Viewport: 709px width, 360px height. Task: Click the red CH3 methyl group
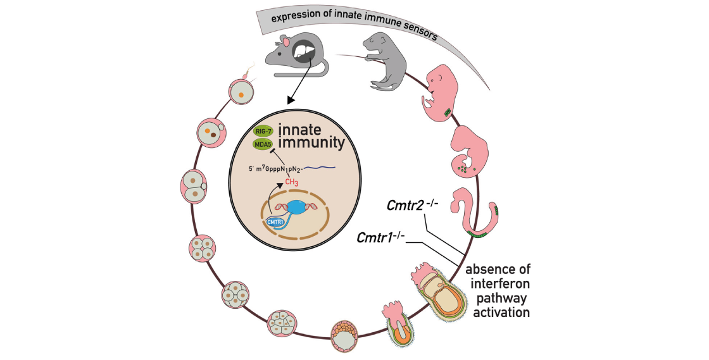pos(291,183)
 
